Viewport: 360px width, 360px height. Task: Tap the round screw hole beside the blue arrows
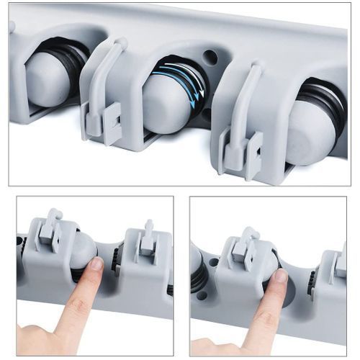(x=210, y=56)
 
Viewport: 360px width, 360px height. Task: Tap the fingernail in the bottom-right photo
(x=278, y=276)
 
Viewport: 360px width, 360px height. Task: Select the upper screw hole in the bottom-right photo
(x=214, y=262)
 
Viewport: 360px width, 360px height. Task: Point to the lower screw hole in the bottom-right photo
(x=202, y=295)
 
